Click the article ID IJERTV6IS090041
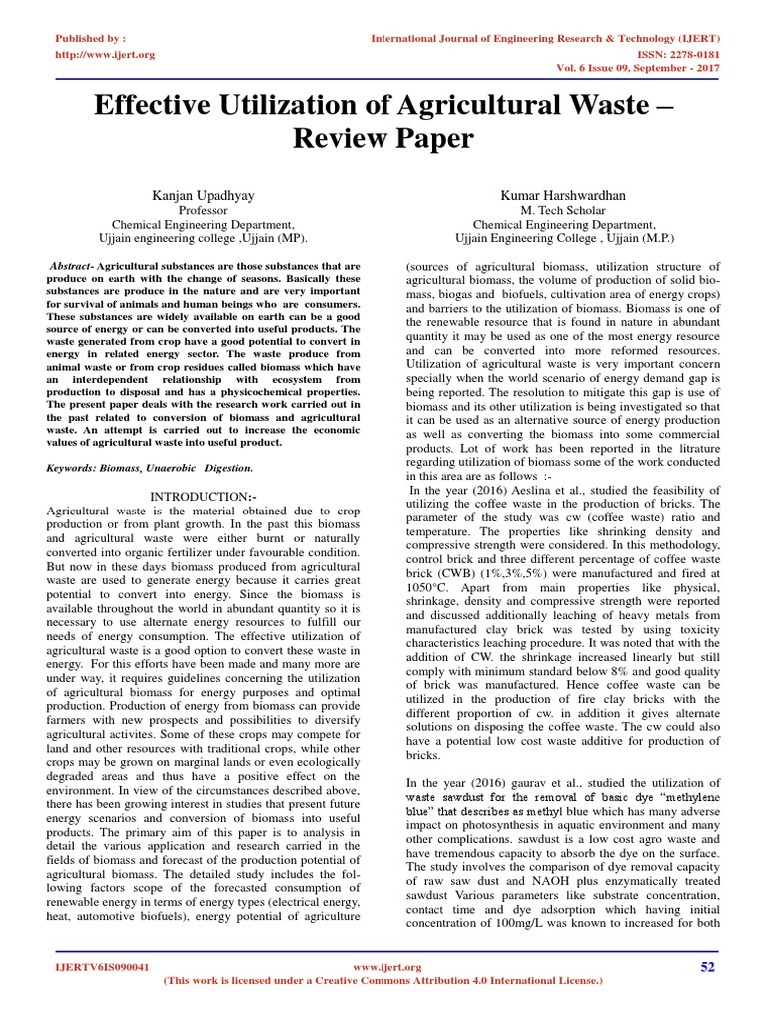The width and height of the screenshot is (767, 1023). coord(102,967)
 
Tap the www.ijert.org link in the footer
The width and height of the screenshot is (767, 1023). coord(388,967)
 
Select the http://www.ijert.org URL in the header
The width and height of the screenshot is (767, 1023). coord(104,54)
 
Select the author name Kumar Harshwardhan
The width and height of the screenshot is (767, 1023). coord(565,195)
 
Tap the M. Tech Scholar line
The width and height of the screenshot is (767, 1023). coord(564,211)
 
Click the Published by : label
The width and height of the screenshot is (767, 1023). coord(90,38)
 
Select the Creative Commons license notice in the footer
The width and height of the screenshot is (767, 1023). coord(383,981)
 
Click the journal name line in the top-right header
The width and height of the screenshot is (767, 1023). coord(545,38)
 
